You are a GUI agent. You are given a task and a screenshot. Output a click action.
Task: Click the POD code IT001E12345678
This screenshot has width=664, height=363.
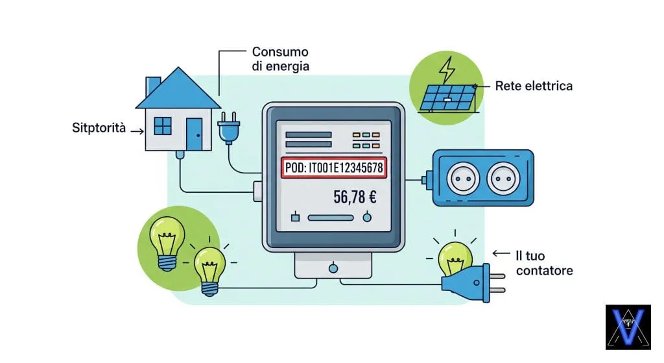pos(335,168)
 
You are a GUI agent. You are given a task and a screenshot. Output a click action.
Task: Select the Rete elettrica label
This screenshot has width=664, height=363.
pos(534,86)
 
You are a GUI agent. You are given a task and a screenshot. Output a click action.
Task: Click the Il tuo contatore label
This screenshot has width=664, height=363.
pos(544,262)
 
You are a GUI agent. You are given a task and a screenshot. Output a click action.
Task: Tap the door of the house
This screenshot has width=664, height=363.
pos(194,134)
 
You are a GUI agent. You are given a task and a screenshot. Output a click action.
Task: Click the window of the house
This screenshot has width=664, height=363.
pos(163,125)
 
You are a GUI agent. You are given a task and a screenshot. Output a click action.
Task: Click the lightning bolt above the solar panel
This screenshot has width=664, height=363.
pos(447,68)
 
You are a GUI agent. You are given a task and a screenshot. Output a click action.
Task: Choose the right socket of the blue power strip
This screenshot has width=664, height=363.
pos(506,179)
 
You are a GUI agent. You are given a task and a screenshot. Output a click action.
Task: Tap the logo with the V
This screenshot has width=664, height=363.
pos(627,327)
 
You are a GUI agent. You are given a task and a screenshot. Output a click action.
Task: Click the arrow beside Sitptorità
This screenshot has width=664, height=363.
pos(136,130)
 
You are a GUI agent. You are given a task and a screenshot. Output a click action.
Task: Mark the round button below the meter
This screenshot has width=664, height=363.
pos(333,267)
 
